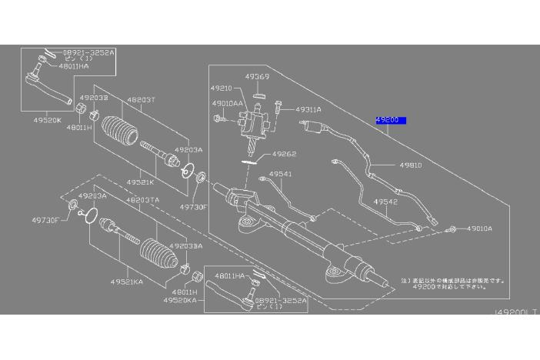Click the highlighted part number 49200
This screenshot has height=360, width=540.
coord(390,121)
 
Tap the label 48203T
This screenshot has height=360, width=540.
coord(141,100)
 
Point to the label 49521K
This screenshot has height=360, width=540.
coord(140,182)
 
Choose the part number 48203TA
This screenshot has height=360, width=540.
coord(143,199)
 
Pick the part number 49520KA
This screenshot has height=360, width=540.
coord(178,300)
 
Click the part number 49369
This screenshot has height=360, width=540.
coord(256,77)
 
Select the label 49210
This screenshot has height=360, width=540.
coord(222,88)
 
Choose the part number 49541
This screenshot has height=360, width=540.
coord(280,175)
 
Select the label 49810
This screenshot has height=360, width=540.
coord(410,165)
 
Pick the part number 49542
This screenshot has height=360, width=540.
coord(385,202)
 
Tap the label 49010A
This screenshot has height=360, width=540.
coord(479,228)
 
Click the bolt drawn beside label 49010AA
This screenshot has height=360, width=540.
coord(220,118)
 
